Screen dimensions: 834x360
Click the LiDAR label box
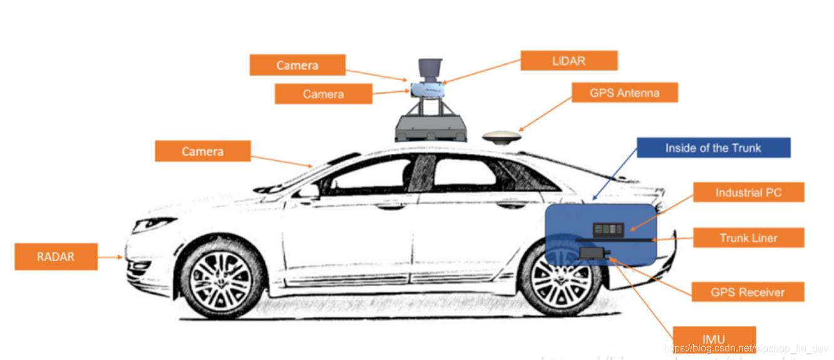(569, 61)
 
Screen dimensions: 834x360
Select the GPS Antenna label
(624, 93)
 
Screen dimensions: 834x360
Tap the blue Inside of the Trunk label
(713, 148)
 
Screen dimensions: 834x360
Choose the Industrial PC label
(748, 192)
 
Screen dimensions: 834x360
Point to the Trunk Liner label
(748, 238)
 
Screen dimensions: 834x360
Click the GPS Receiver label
(747, 292)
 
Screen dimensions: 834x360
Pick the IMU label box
(714, 338)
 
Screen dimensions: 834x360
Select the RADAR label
(56, 257)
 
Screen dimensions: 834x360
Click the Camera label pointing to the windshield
(202, 151)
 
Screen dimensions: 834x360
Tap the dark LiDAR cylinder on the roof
(430, 69)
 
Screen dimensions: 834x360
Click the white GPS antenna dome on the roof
(502, 137)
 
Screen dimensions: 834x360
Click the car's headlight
(152, 224)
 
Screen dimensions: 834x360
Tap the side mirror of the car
(307, 190)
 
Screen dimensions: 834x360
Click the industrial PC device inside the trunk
(608, 229)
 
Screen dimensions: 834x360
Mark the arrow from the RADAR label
(111, 257)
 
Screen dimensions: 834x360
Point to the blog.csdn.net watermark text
(745, 349)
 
